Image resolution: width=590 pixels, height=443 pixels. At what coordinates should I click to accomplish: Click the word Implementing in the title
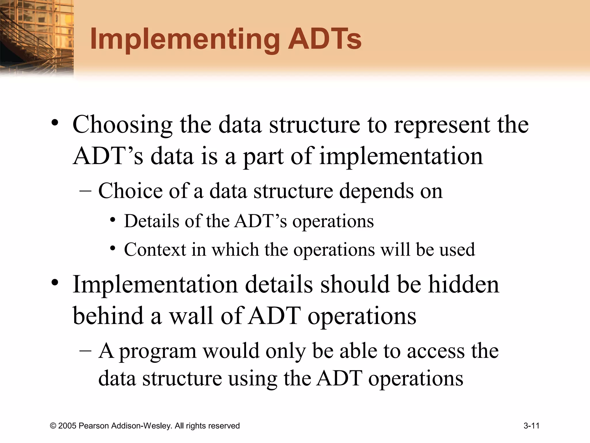click(184, 40)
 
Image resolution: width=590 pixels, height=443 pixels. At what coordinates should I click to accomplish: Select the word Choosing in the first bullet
click(122, 125)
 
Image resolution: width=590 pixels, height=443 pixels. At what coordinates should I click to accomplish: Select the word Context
click(155, 249)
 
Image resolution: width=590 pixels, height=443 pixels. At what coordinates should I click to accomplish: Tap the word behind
click(108, 316)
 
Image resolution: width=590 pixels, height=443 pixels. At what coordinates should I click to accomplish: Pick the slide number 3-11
click(531, 426)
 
